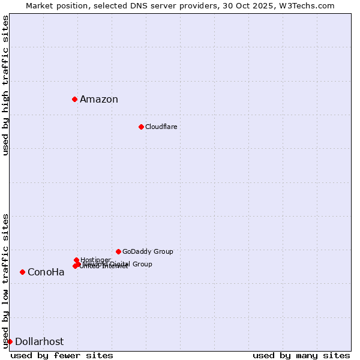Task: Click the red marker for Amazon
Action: tap(74, 99)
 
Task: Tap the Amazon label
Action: tap(99, 100)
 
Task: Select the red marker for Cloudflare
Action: tap(141, 127)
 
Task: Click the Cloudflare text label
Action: tap(161, 127)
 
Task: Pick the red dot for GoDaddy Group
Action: tap(118, 251)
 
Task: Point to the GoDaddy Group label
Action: tap(148, 252)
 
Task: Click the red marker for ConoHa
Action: tap(22, 272)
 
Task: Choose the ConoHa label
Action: tap(46, 272)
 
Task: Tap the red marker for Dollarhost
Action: tap(10, 341)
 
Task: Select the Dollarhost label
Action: tap(39, 342)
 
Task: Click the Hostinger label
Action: tap(95, 260)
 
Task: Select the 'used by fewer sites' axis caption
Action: tap(62, 355)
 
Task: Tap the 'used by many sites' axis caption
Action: tap(301, 355)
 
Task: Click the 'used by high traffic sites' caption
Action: tap(5, 86)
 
